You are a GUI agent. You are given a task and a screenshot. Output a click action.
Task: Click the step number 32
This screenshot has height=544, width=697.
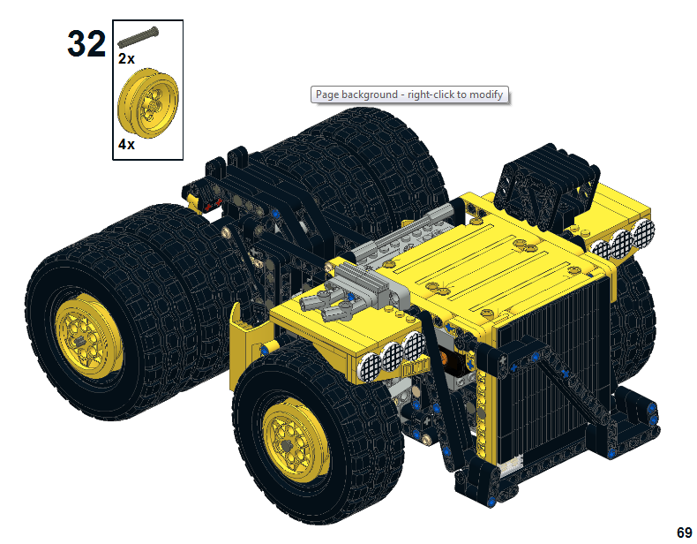[x=86, y=43]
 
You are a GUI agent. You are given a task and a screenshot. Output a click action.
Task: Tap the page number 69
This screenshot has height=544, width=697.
[x=684, y=532]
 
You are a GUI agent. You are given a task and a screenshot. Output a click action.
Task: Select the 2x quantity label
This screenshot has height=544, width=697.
[x=126, y=58]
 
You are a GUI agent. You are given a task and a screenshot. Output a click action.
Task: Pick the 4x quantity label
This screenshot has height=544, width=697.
[x=126, y=144]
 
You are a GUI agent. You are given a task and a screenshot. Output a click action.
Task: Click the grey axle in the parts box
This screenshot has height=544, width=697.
[x=138, y=37]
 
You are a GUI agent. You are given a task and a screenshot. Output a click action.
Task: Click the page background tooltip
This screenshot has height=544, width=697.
[x=409, y=94]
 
